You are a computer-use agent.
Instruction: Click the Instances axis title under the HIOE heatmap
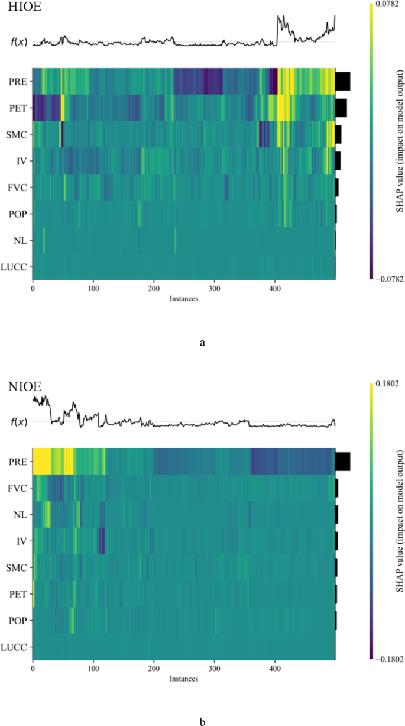183,299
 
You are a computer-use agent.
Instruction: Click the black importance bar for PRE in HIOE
342,81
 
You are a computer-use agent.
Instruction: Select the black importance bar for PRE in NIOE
342,462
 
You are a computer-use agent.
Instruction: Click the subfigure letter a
203,342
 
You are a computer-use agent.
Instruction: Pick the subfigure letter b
203,721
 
